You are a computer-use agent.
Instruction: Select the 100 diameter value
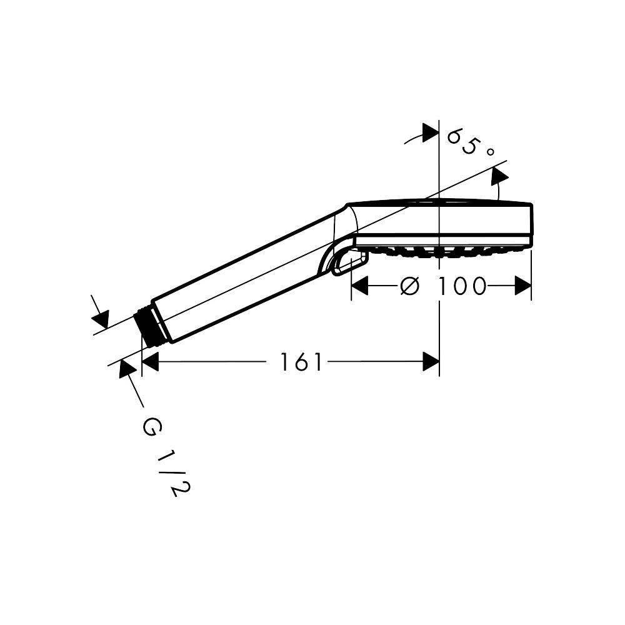tap(462, 286)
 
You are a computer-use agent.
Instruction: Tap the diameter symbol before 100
tap(410, 286)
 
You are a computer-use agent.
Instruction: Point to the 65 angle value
tap(462, 141)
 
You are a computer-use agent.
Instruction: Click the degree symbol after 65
tap(490, 152)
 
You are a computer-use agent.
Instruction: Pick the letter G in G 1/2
tap(152, 426)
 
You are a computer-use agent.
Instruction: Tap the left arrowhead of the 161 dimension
tap(150, 362)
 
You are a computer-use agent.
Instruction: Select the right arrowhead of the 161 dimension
tap(431, 362)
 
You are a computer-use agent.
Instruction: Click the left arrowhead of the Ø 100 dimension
tap(359, 286)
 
